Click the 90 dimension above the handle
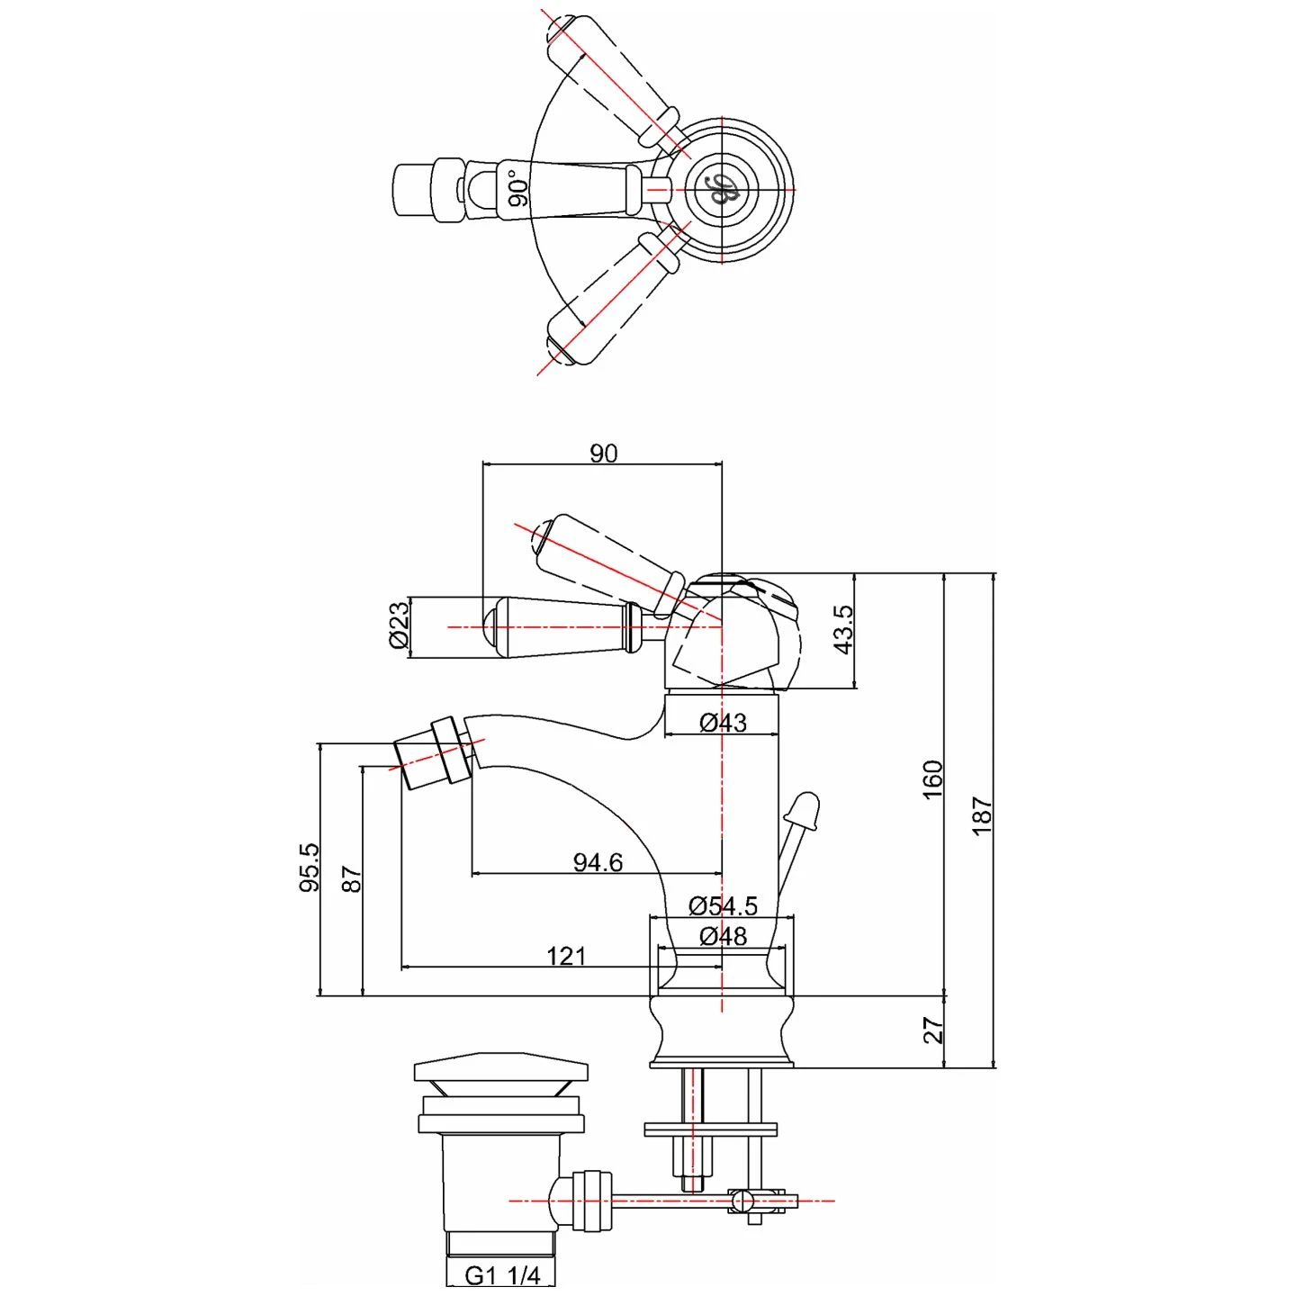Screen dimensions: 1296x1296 tap(603, 453)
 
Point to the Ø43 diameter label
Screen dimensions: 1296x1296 tap(723, 722)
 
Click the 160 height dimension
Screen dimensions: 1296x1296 tap(932, 779)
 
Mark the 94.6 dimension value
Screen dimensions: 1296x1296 tap(598, 862)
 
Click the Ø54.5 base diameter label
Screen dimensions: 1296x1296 tap(723, 905)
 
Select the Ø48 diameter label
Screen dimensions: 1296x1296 tap(723, 936)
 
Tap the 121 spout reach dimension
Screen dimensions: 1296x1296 tap(566, 956)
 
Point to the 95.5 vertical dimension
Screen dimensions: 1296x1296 tap(309, 867)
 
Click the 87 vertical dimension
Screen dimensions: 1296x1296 tap(351, 878)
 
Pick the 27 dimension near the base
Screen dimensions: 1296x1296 tap(932, 1030)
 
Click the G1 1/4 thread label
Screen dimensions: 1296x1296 tap(502, 1275)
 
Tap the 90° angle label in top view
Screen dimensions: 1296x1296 tap(517, 189)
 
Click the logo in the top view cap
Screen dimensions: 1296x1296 tap(722, 189)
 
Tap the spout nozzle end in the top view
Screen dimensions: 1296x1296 tap(412, 190)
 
